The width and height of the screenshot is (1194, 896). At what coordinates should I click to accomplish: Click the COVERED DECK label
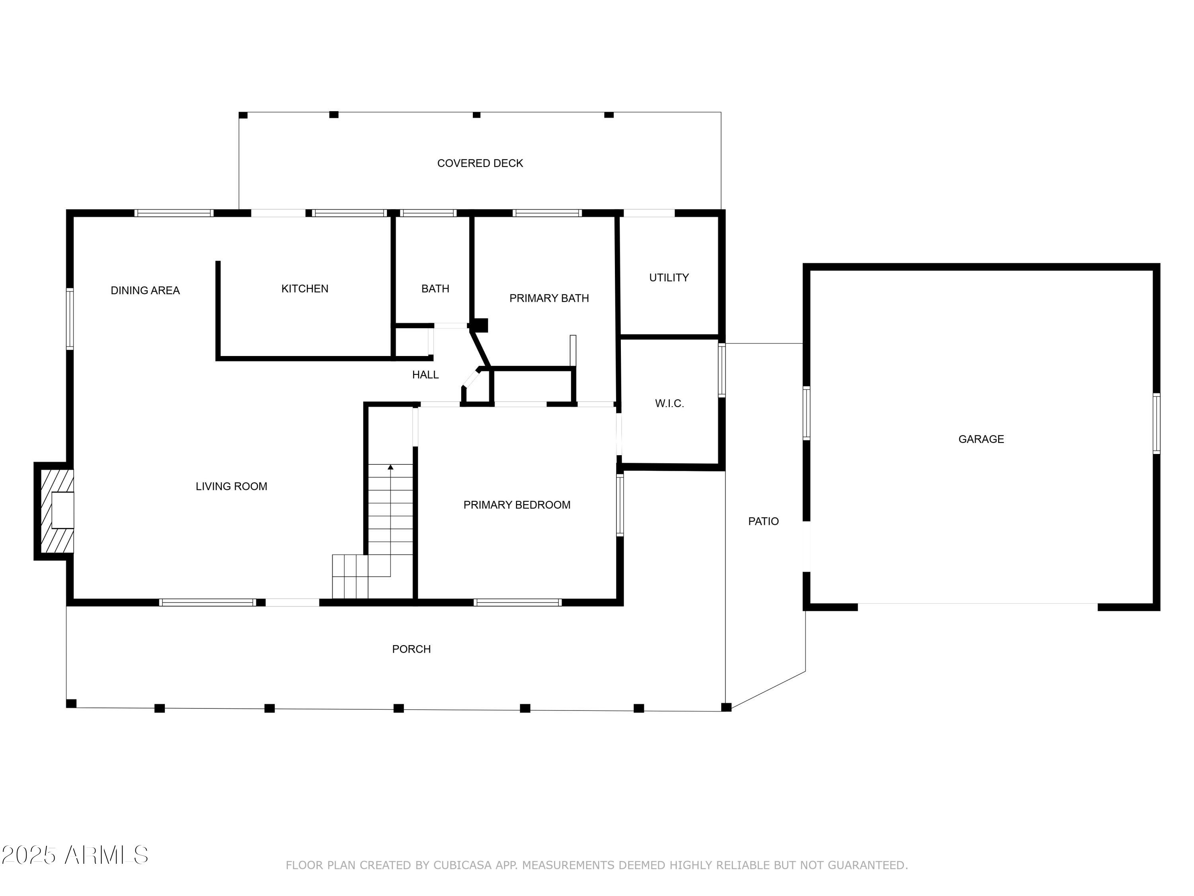coord(480,163)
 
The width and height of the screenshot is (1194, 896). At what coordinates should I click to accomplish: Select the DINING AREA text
coord(144,291)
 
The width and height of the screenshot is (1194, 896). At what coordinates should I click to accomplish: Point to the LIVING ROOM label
coord(231,486)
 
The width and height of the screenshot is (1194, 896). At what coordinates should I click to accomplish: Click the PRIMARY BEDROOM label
coord(517,505)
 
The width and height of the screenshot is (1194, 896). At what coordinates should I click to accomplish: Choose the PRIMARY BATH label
coord(549,298)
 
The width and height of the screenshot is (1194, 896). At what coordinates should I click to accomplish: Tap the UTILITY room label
coord(669,278)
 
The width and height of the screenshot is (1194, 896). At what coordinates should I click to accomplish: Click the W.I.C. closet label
coord(669,403)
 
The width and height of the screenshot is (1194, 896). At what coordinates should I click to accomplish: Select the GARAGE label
coord(981,439)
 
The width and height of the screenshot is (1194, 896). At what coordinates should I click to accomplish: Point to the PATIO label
coord(763,521)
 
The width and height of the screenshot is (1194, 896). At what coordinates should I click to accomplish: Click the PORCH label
coord(411,649)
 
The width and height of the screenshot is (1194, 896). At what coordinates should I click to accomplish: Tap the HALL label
coord(425,375)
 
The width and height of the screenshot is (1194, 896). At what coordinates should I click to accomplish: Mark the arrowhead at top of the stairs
coord(390,467)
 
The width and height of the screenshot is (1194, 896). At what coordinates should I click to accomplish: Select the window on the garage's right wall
coord(1156,424)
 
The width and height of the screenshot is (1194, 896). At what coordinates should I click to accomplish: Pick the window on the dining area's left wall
coord(70,319)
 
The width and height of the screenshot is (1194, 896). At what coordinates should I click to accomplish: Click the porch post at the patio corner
coord(726,707)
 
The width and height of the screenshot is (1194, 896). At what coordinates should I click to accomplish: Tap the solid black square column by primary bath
coord(479,325)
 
